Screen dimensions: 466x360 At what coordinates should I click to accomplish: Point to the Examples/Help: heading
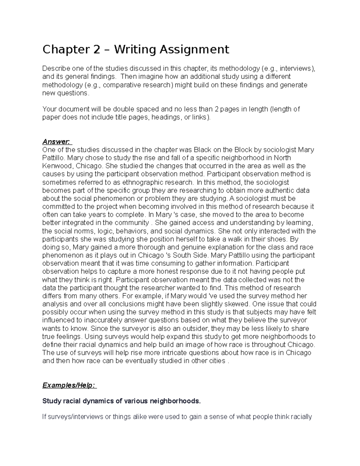[x=70, y=386]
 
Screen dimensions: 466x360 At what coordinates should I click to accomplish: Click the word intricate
[x=177, y=353]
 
